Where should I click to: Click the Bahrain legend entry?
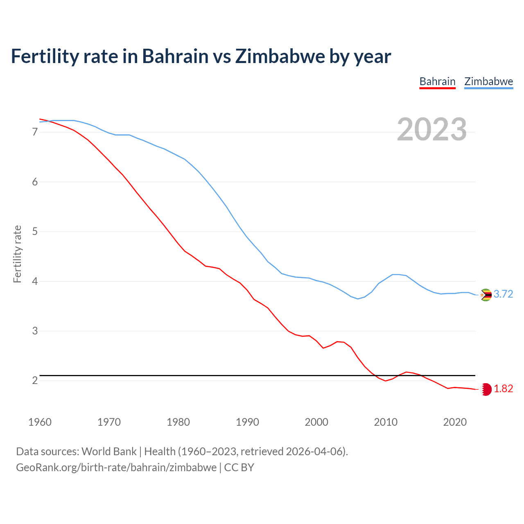(x=437, y=81)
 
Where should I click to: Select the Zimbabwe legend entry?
(x=488, y=81)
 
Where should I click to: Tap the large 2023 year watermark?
(x=431, y=129)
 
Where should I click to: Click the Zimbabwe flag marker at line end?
(x=486, y=295)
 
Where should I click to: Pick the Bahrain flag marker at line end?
(x=486, y=389)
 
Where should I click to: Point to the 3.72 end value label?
(x=503, y=294)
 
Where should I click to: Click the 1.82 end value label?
(x=503, y=389)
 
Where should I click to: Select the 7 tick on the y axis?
(x=35, y=132)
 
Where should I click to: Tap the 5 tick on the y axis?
(x=35, y=232)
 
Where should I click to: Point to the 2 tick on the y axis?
(x=35, y=381)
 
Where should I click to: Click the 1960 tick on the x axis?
(x=40, y=422)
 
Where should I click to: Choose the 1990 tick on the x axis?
(x=247, y=422)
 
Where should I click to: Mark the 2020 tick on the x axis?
(x=455, y=422)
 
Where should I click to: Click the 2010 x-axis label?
(x=386, y=422)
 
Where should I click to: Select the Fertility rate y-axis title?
(x=17, y=254)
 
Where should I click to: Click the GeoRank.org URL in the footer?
(x=116, y=468)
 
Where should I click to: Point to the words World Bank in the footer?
(x=109, y=452)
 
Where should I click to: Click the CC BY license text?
(x=239, y=468)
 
